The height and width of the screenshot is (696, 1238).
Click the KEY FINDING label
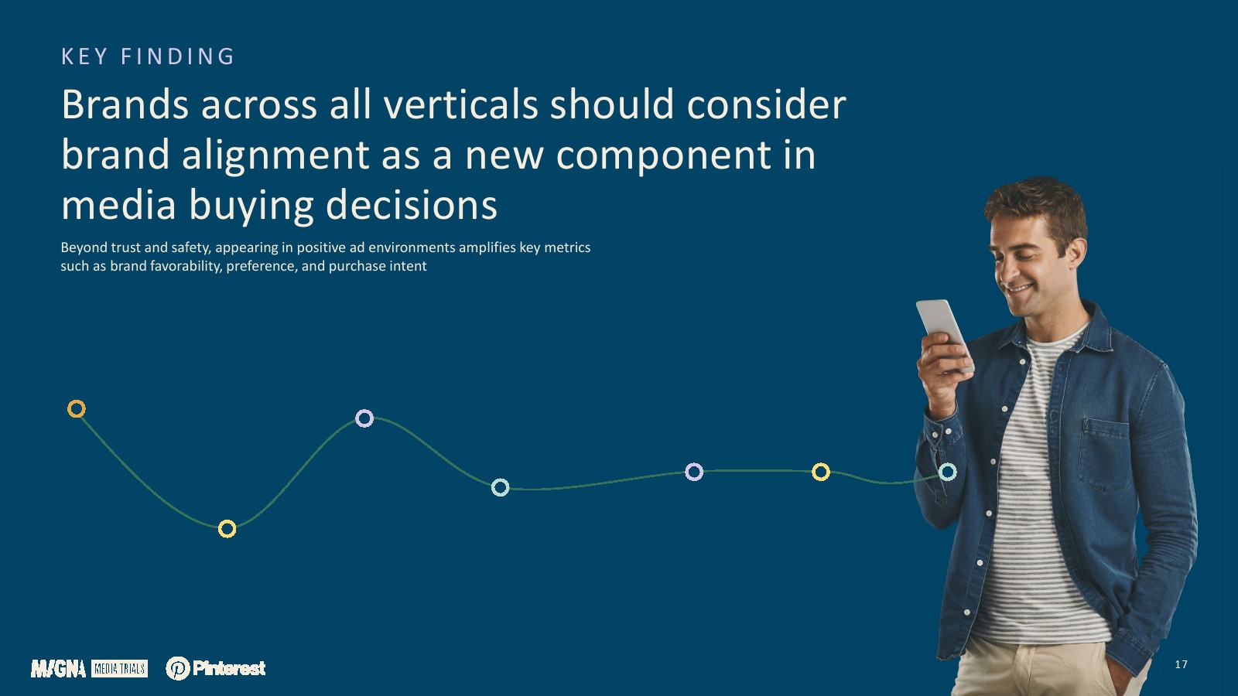click(148, 56)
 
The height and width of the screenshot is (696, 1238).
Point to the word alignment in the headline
click(275, 155)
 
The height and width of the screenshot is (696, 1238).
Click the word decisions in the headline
click(412, 205)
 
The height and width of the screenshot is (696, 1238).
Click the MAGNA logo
click(58, 668)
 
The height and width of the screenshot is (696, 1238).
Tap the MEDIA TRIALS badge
click(119, 669)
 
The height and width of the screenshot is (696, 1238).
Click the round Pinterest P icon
click(178, 668)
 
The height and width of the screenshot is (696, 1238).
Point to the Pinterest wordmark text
click(229, 668)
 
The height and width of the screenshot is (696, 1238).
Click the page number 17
click(1181, 664)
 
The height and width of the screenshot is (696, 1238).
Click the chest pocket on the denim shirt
click(1104, 454)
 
